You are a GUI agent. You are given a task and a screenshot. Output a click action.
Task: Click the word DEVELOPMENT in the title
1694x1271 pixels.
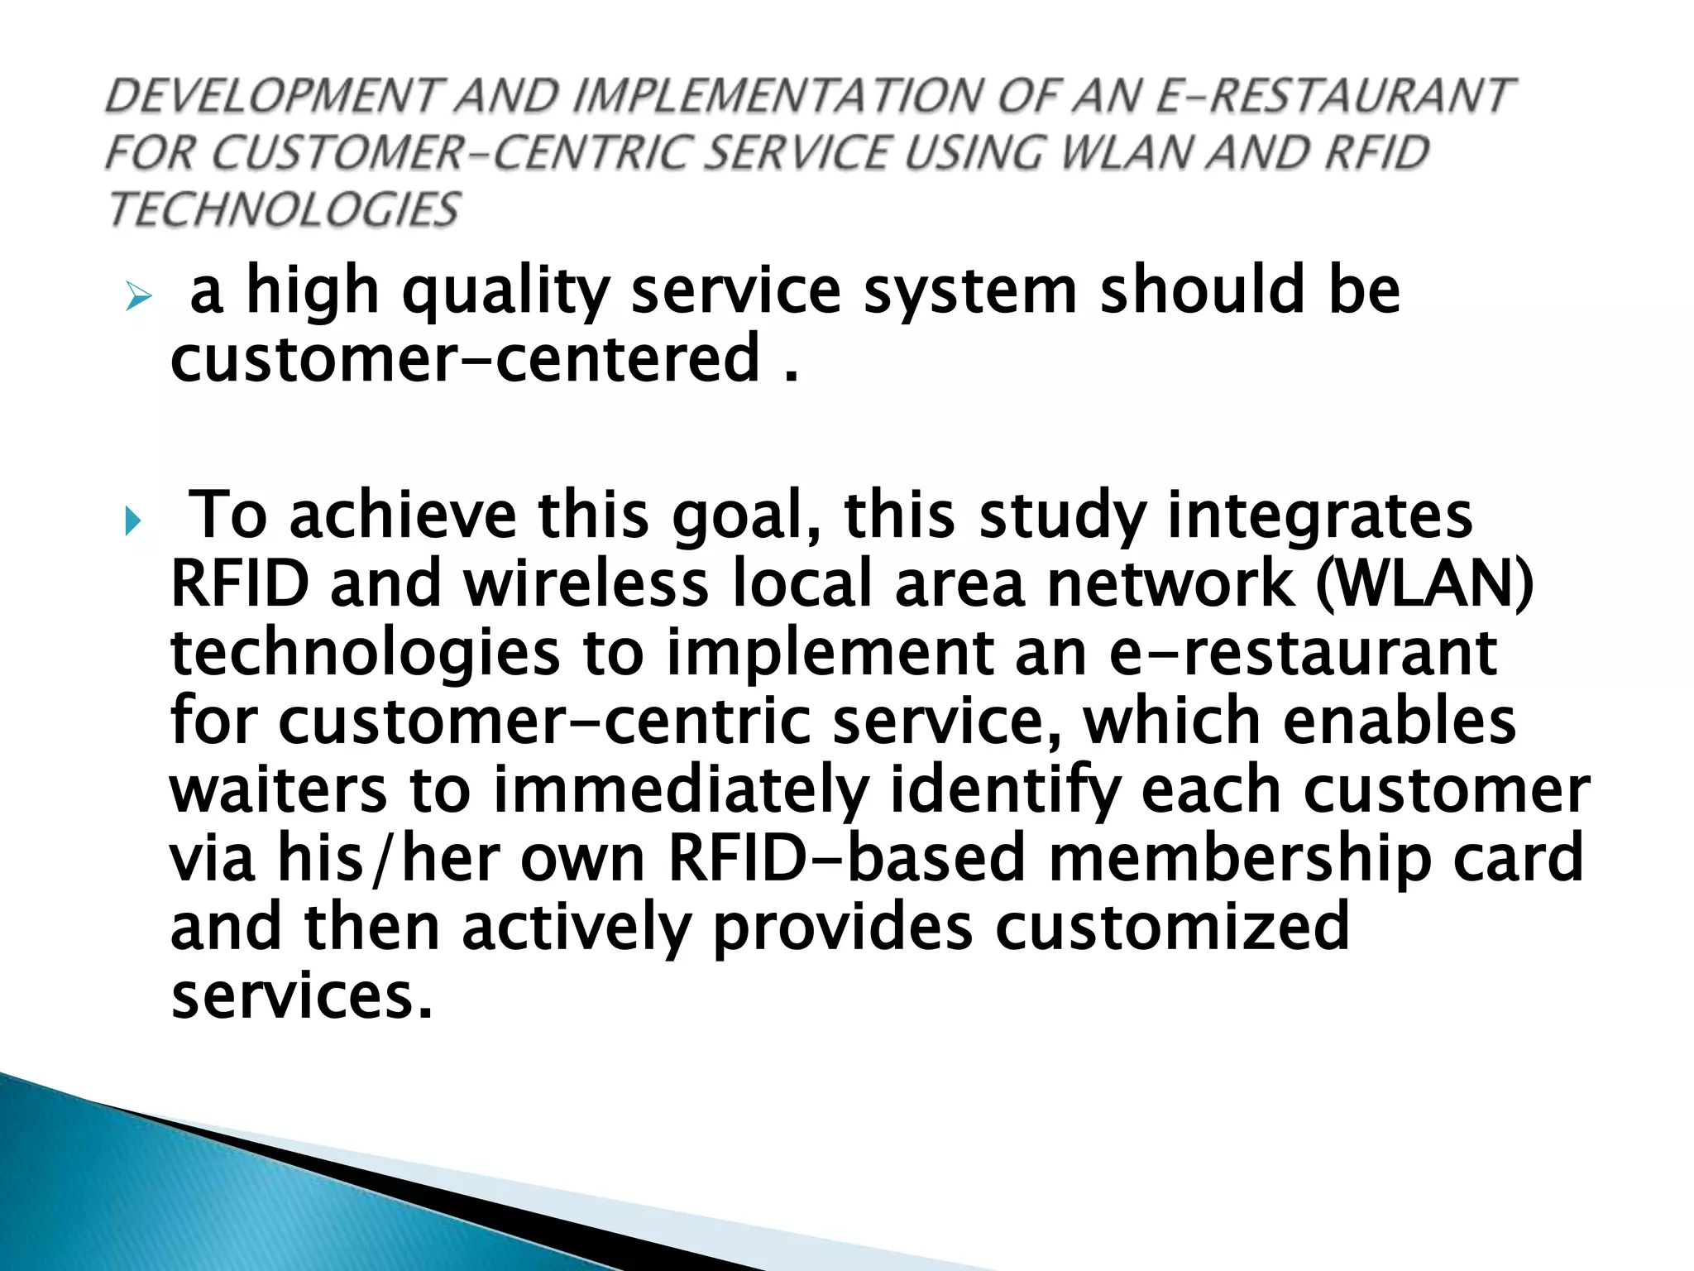(274, 96)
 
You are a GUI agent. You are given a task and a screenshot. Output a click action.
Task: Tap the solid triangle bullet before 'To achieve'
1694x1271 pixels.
(133, 522)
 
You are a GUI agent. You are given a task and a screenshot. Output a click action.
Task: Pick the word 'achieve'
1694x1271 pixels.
(403, 515)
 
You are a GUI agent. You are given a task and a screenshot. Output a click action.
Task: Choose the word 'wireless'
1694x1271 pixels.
(586, 583)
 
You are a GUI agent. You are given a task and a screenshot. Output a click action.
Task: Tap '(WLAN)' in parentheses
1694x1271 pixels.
(1424, 583)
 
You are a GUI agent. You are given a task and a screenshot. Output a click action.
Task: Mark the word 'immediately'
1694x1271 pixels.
(681, 791)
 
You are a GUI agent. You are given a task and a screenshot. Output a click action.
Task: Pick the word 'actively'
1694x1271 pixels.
(576, 928)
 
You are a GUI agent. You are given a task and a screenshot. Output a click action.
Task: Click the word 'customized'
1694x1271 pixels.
(1172, 927)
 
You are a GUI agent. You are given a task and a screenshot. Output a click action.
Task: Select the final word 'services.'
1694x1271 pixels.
(302, 995)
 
